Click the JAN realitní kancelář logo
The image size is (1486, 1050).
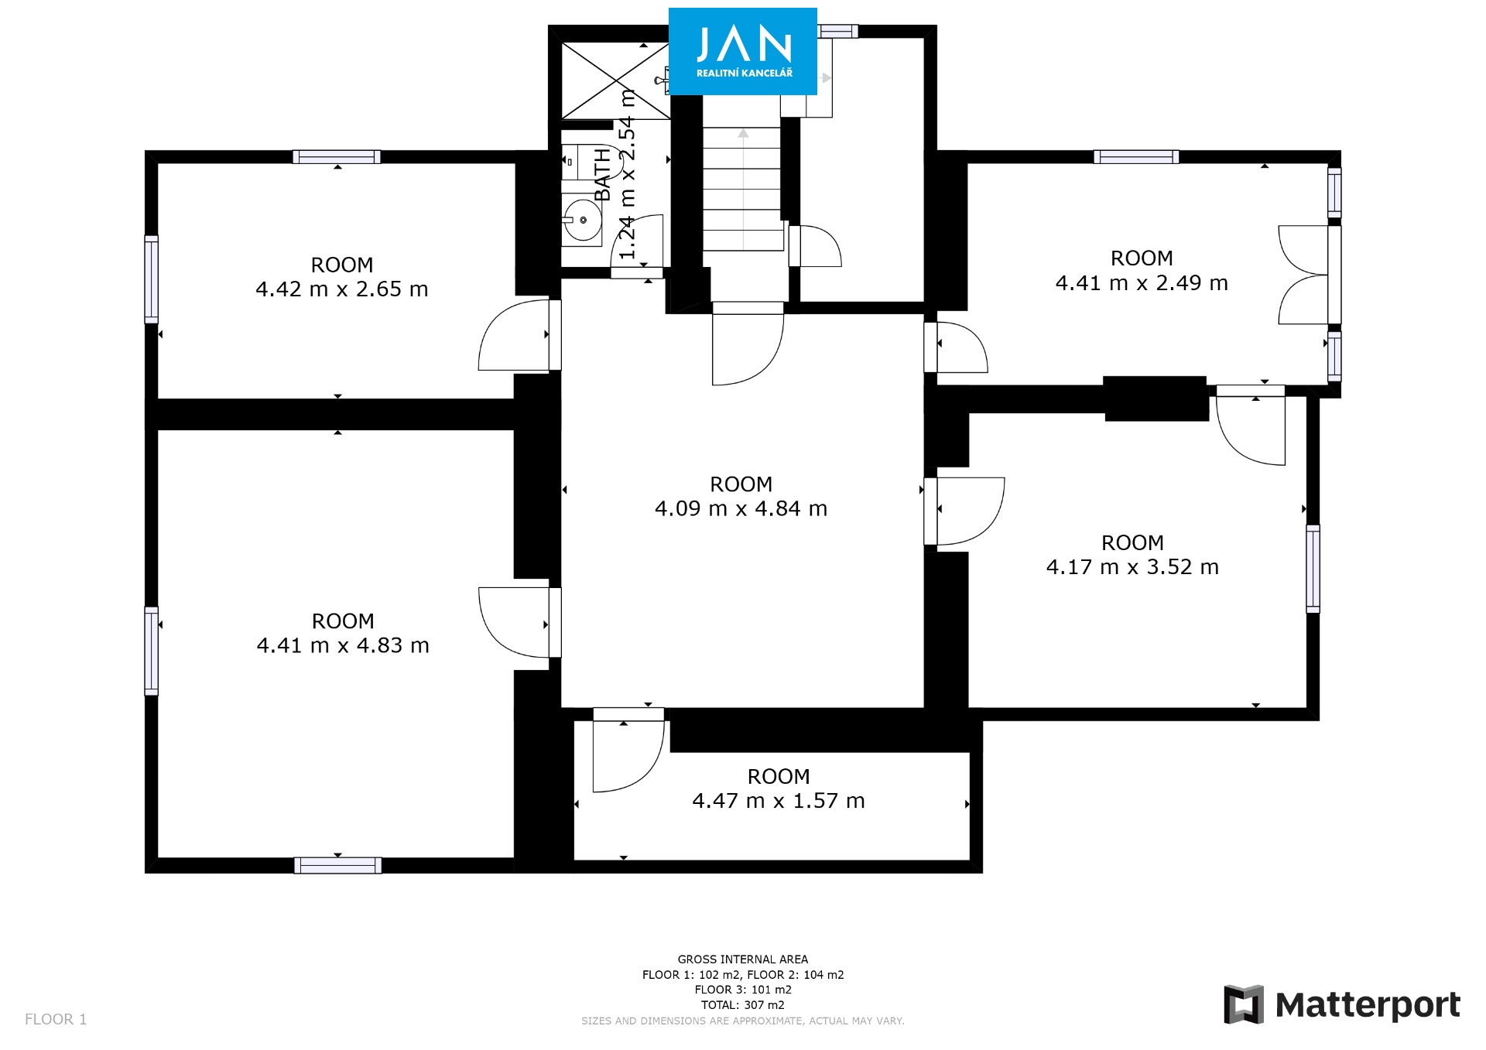[742, 51]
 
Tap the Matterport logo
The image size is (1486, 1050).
[1342, 1004]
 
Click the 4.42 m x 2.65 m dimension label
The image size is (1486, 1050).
[342, 289]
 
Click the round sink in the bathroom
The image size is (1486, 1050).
[582, 220]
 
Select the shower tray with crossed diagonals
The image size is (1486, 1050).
[615, 81]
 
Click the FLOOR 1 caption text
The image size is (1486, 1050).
[56, 1019]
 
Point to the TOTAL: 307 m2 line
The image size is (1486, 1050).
[743, 1005]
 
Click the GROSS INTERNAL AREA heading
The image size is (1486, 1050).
[743, 959]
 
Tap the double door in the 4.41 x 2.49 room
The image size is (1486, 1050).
[1304, 275]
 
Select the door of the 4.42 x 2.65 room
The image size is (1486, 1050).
[515, 335]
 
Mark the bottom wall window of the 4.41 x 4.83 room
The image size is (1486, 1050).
[337, 865]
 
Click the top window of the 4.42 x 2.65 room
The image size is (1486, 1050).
[337, 157]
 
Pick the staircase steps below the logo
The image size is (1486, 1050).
[743, 189]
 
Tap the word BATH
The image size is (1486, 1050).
[602, 175]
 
